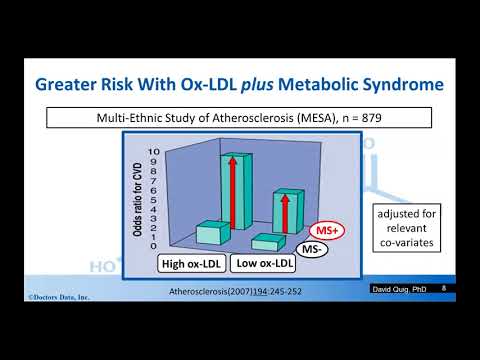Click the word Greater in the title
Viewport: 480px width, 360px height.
tap(71, 87)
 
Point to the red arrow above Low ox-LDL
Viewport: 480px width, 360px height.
tap(285, 211)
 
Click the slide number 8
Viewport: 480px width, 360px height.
tap(443, 288)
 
